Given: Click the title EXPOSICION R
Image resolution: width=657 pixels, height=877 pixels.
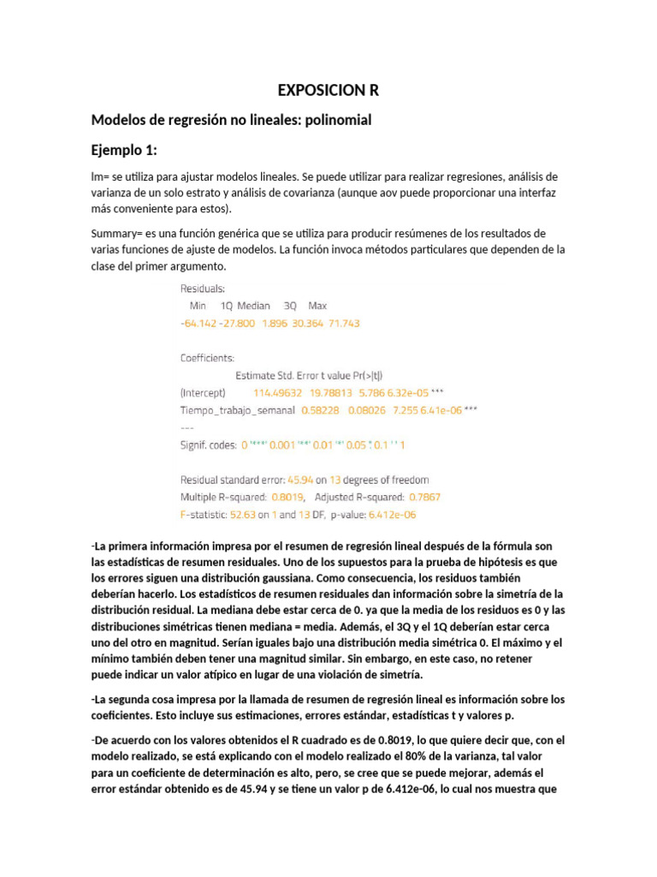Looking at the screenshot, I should (x=328, y=91).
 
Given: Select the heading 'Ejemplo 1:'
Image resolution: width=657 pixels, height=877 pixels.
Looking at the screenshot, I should (x=124, y=150).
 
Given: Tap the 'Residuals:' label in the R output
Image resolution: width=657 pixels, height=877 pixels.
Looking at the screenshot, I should (x=203, y=289).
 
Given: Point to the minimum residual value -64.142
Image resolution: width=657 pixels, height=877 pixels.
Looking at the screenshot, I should (x=198, y=323).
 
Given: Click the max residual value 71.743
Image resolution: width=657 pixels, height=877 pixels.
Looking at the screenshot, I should (x=340, y=323).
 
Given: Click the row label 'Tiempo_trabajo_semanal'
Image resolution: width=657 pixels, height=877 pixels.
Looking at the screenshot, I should (x=236, y=410).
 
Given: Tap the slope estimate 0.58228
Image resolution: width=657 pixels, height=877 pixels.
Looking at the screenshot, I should (x=320, y=410).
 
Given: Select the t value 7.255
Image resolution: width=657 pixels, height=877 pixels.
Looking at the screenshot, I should (x=405, y=410).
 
